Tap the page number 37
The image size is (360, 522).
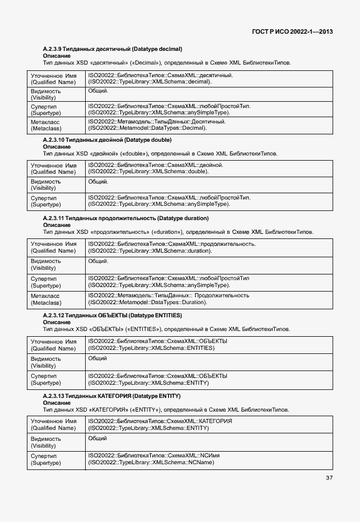coord(329,477)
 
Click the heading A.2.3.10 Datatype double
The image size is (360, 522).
coord(107,140)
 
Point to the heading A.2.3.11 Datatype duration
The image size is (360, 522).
coord(126,218)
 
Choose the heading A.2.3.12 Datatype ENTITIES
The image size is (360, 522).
coord(112,315)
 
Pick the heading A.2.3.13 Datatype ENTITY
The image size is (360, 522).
coord(111,396)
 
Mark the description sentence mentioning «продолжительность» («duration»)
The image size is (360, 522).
coord(178,232)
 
